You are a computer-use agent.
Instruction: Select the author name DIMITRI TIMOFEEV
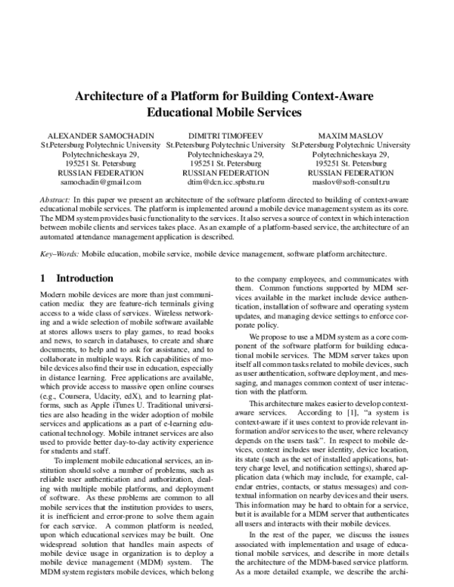point(226,135)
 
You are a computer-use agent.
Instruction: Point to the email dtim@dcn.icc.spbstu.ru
point(226,182)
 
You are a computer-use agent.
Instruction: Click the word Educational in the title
point(190,113)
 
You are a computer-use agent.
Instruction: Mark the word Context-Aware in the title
point(331,97)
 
